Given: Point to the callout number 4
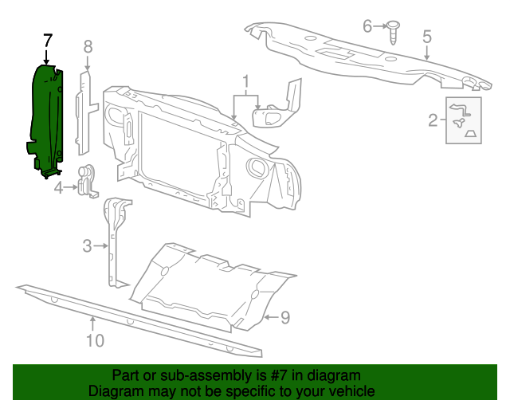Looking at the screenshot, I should coord(58,188).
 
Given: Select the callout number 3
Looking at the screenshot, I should coord(88,246).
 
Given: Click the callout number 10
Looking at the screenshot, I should coord(94,340).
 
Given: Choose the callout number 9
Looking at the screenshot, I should coord(284,318).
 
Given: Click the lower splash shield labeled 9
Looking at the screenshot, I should coord(207,287).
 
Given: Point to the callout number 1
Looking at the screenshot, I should coord(246,80).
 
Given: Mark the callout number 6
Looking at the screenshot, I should coord(367,26).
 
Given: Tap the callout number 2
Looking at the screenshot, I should coord(433,120).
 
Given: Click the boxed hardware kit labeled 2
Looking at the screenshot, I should coord(461,120).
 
